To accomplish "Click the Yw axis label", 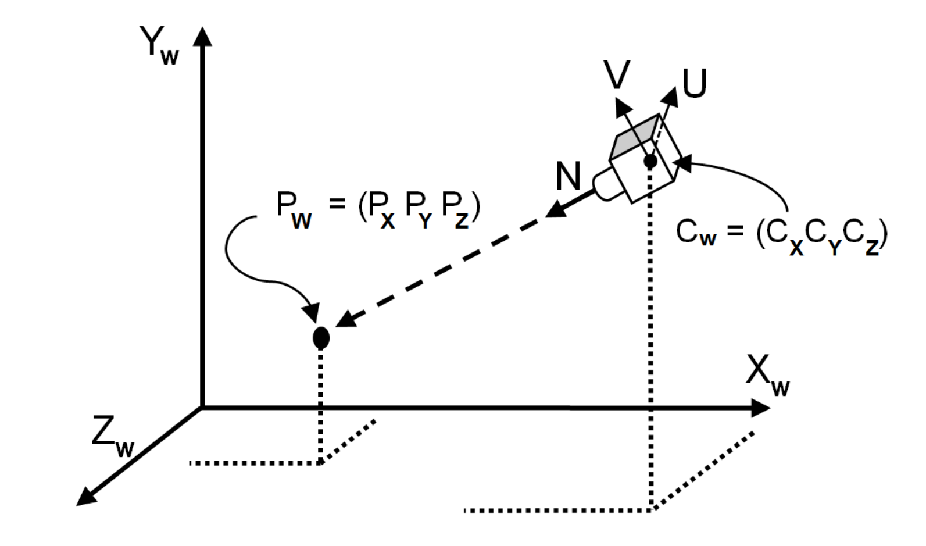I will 159,45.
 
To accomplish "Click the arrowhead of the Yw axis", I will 202,36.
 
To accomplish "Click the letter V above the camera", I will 617,75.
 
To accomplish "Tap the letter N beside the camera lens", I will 568,176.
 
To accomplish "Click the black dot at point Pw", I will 321,337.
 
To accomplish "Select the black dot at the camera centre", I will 650,161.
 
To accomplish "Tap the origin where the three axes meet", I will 202,408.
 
